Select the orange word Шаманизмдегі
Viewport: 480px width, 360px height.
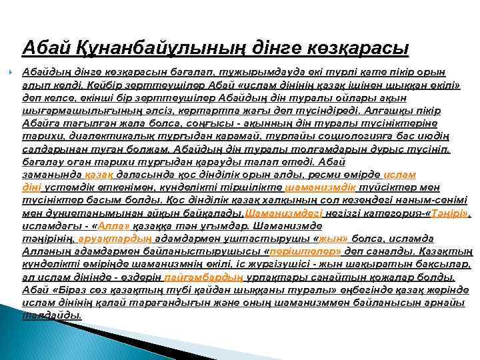click(x=284, y=214)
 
